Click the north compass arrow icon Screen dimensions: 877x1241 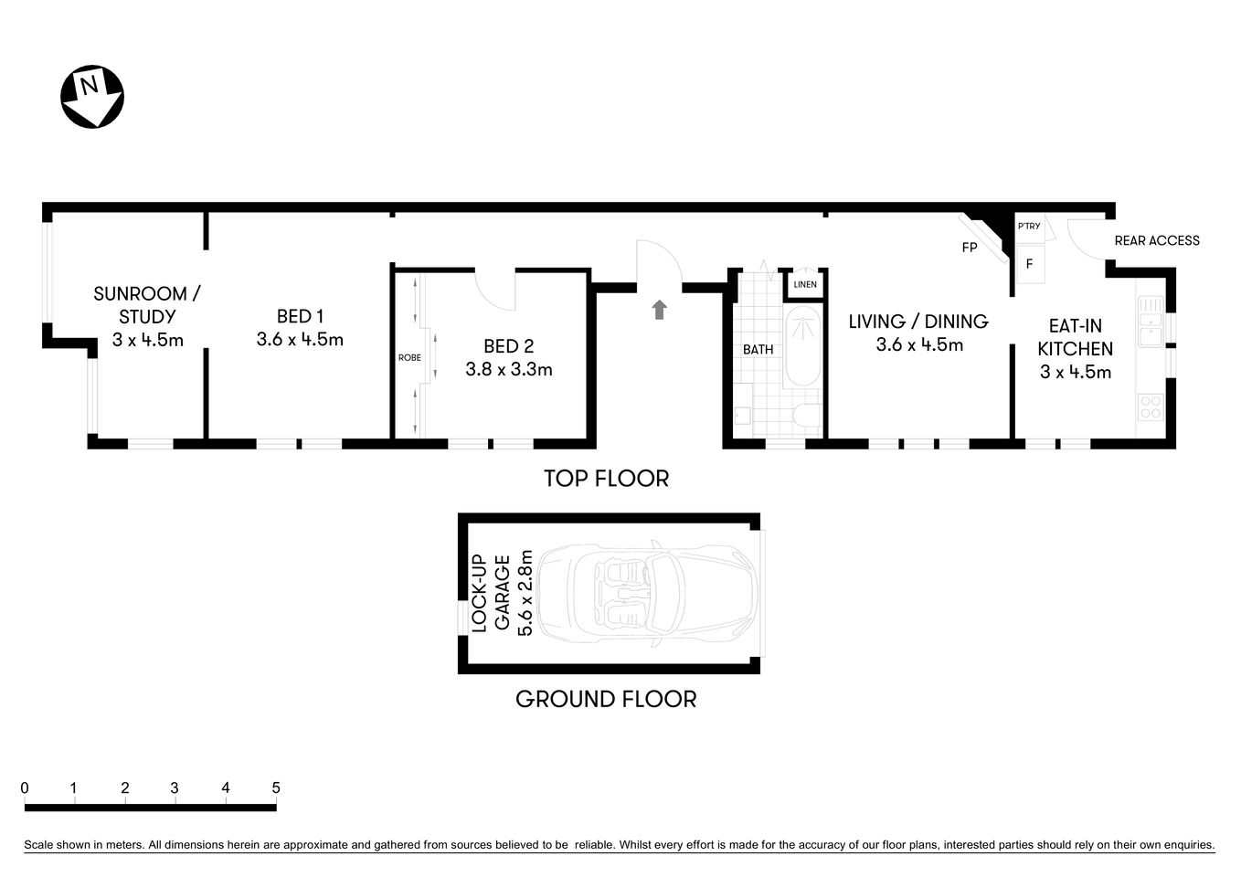point(91,96)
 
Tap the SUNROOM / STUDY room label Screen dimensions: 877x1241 point(146,305)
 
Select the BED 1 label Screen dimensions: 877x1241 point(300,317)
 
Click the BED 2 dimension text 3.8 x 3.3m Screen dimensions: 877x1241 point(508,370)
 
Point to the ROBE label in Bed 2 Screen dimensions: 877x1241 point(409,358)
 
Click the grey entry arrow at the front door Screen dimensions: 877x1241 point(659,310)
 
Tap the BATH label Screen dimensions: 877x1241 point(758,350)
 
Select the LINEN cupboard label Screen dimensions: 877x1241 point(805,285)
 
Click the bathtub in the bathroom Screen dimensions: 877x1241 point(804,347)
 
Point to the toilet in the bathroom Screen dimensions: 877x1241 point(807,416)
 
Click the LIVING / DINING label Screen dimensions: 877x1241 point(918,322)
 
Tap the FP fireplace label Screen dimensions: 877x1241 point(970,248)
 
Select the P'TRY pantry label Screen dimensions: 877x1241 point(1029,227)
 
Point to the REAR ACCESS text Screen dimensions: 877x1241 point(1157,241)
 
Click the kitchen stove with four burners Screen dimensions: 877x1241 point(1150,407)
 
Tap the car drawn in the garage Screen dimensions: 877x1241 point(647,594)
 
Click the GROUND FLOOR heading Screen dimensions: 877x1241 point(606,700)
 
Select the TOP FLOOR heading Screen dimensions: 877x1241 point(606,479)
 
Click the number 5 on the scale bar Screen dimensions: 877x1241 point(275,788)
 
